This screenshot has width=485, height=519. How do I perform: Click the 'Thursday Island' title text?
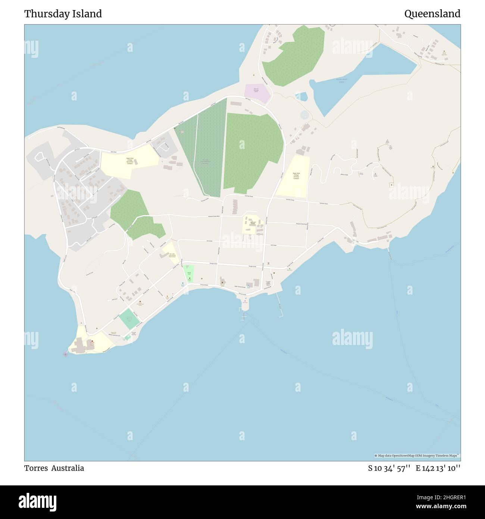(63, 14)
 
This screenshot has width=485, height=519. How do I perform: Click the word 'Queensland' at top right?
(432, 14)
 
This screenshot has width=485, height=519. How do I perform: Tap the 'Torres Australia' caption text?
(54, 468)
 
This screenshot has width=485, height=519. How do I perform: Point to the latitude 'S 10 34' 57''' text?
(389, 468)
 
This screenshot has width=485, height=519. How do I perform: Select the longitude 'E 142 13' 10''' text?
(438, 468)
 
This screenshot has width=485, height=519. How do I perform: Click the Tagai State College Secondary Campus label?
(130, 161)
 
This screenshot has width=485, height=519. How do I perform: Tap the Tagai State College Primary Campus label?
(296, 176)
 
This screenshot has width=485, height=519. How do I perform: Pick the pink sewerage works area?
(257, 94)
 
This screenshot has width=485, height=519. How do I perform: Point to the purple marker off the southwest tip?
(66, 354)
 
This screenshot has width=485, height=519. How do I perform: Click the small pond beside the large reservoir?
(301, 97)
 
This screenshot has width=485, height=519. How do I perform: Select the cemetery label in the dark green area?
(206, 162)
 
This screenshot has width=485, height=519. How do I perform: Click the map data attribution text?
(417, 456)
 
